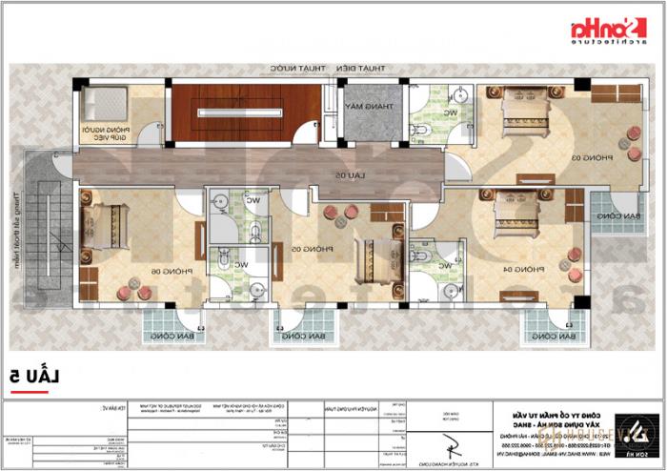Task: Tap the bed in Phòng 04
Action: (x=516, y=218)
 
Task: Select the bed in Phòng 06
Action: (x=105, y=227)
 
